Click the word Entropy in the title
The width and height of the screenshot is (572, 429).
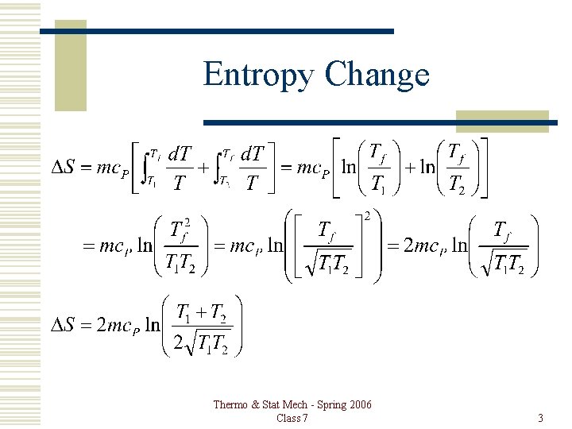(259, 75)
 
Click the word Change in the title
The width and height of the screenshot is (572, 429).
(377, 75)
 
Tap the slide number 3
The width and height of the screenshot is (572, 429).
(540, 418)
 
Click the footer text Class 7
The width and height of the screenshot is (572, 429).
(292, 418)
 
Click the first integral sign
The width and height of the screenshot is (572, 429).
(143, 168)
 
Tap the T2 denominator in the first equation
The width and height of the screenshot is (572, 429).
(455, 184)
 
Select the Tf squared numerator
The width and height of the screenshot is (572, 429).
(183, 230)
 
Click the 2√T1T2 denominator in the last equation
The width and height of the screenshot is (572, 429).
(202, 344)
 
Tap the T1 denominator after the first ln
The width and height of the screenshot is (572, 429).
(379, 184)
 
